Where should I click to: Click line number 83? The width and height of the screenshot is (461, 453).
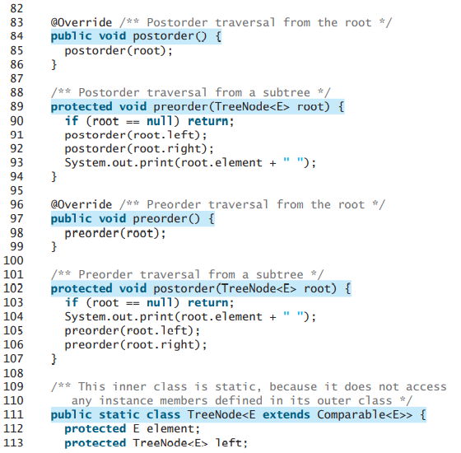[x=16, y=23]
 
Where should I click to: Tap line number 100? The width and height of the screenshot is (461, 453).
[x=16, y=260]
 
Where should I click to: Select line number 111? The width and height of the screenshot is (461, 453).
[x=16, y=414]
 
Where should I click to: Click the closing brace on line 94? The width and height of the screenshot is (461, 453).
[x=54, y=176]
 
